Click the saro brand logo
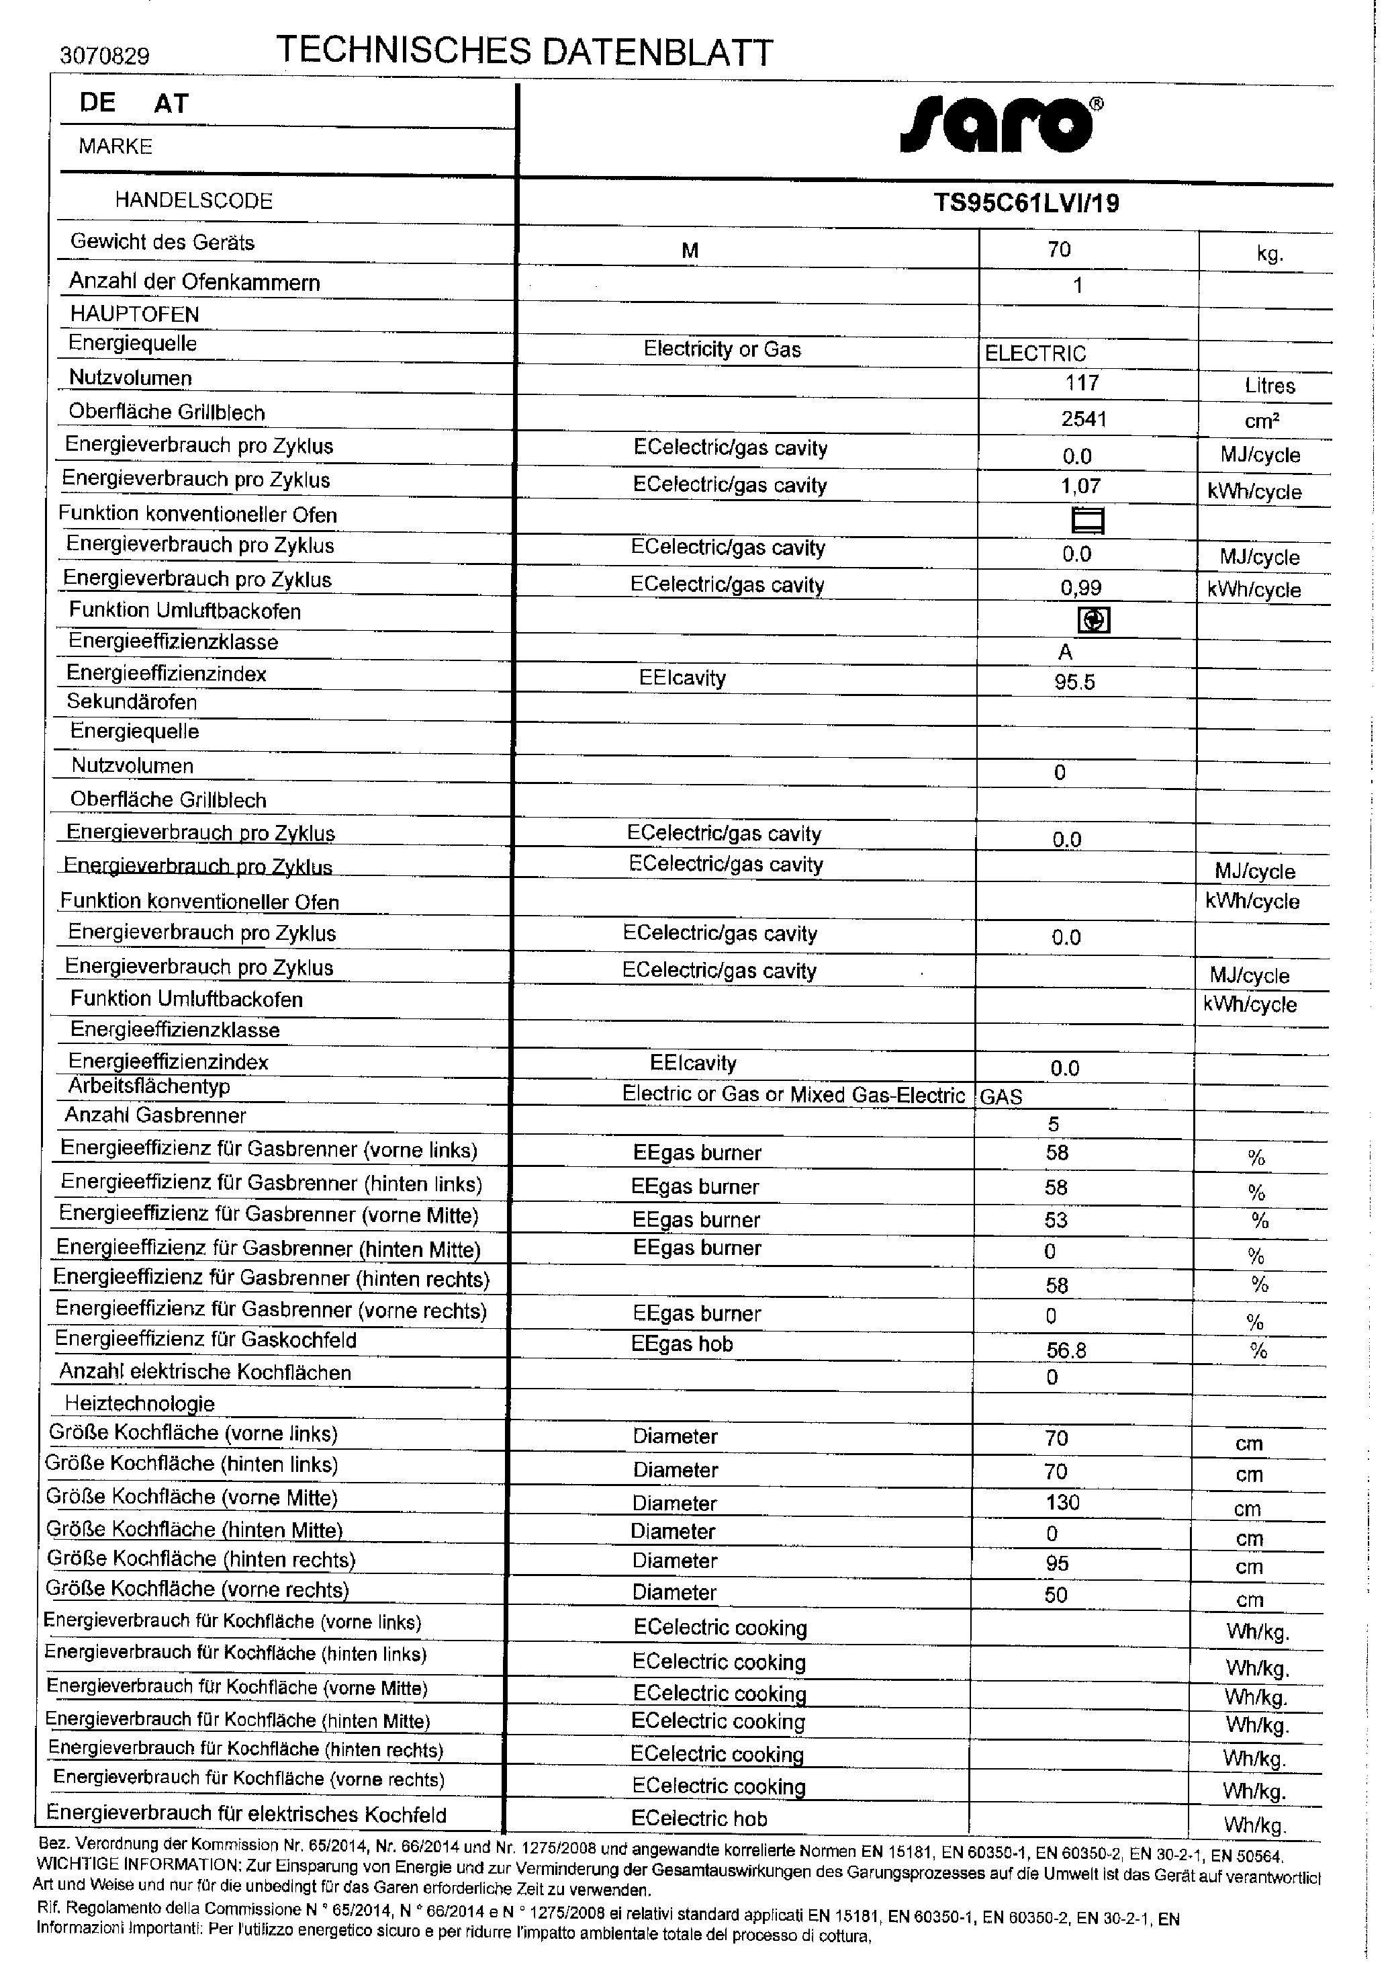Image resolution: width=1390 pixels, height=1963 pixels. tap(1001, 126)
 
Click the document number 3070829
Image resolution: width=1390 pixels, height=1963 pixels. tap(105, 56)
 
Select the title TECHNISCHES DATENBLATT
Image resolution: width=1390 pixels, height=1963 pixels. tap(524, 52)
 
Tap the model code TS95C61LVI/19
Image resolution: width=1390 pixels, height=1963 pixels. tap(1025, 203)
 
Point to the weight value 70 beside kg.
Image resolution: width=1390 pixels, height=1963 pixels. tap(1059, 249)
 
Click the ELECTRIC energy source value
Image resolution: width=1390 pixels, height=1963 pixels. tap(1035, 353)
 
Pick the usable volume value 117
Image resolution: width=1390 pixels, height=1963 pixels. tap(1082, 383)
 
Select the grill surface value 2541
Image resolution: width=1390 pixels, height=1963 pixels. tap(1084, 419)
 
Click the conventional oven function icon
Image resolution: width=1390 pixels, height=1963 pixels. tap(1088, 521)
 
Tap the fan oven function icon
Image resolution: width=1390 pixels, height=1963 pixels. tap(1093, 620)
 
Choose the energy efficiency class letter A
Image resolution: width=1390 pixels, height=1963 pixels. tap(1066, 652)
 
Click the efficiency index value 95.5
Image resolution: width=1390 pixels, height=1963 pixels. tap(1075, 683)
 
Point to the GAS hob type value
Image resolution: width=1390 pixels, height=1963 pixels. tap(1001, 1096)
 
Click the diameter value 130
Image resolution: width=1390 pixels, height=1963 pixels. tap(1062, 1502)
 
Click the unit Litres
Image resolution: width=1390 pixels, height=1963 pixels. tap(1269, 386)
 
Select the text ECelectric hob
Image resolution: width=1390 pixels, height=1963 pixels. tap(698, 1819)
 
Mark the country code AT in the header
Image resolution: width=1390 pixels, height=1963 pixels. tap(171, 103)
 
